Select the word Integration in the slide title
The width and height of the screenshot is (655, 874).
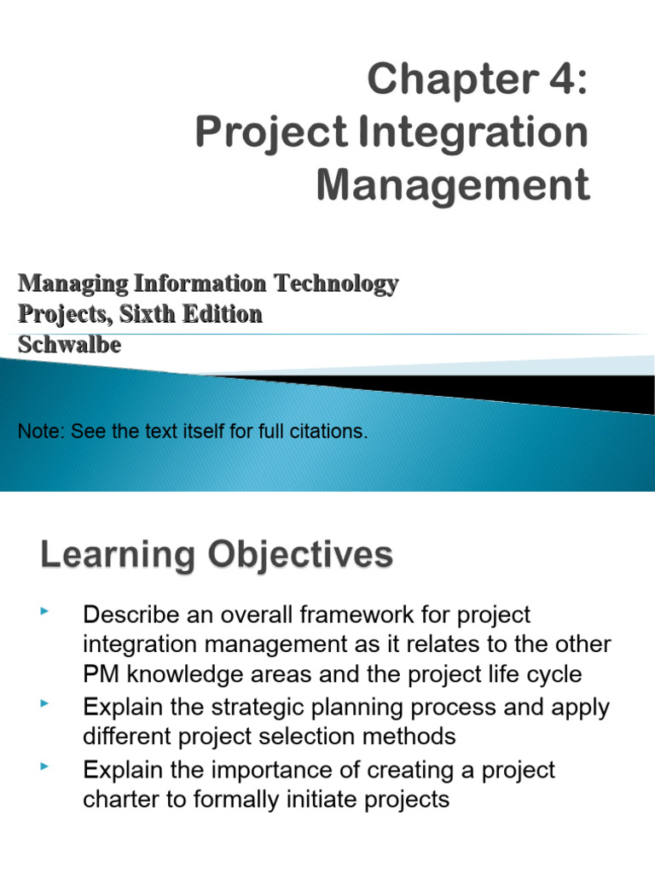(471, 134)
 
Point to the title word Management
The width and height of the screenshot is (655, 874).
(453, 184)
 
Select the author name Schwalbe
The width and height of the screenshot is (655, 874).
(69, 345)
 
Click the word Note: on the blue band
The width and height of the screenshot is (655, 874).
(42, 432)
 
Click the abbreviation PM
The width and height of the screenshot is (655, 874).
(101, 675)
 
